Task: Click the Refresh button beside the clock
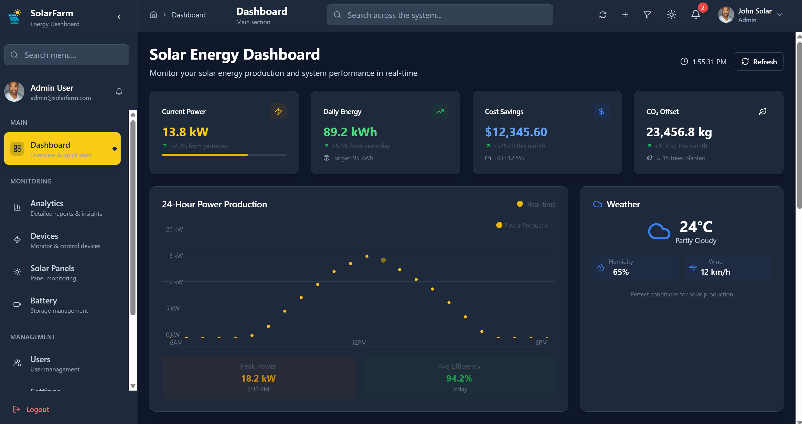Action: coord(759,62)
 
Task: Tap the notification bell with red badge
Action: coord(695,15)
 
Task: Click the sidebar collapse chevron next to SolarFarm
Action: coord(119,17)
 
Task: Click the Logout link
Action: coord(37,409)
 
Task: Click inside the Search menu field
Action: coord(67,55)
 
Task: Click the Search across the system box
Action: coord(440,15)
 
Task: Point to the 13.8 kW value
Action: coord(185,132)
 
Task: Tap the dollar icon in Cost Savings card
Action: coord(601,111)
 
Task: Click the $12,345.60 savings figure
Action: coord(516,132)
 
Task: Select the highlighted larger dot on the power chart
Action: coord(383,260)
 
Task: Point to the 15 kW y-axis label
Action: coord(174,256)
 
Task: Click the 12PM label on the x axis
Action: coord(359,342)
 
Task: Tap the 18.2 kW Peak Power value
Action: coord(258,378)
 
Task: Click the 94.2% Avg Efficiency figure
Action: coord(459,378)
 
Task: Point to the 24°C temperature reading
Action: coord(695,227)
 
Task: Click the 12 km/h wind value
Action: coord(715,272)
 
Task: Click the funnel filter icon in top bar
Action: coord(647,15)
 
